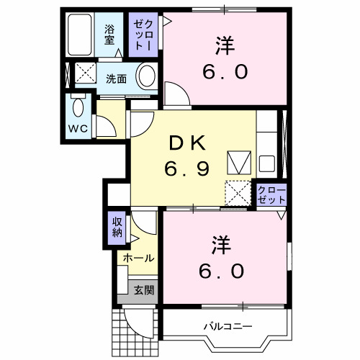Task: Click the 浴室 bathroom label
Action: (109, 34)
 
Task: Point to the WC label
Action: (78, 129)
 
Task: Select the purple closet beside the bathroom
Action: (140, 34)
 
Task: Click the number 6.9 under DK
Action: (186, 170)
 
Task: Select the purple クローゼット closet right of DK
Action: (271, 195)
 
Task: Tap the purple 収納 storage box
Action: (117, 228)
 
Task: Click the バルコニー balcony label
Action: (228, 327)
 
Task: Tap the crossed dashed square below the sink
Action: (237, 193)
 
